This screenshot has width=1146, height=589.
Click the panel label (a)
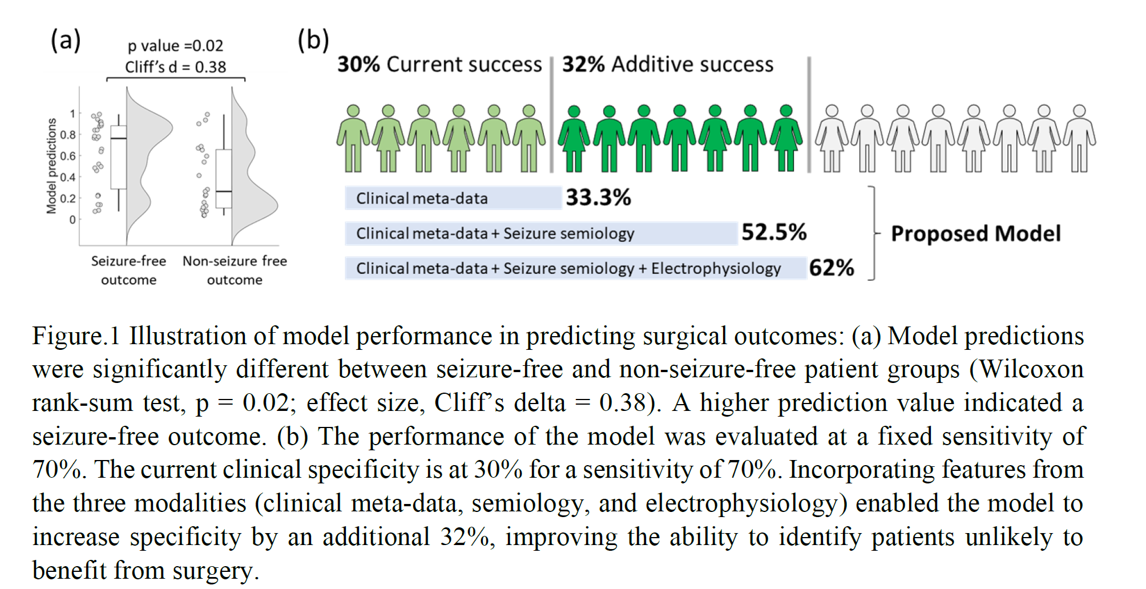tap(66, 41)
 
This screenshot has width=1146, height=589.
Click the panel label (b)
tap(313, 41)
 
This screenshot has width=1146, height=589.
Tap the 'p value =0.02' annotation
tap(175, 46)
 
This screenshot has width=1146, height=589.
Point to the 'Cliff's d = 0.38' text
tap(175, 67)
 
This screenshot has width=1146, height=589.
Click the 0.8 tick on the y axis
tap(67, 135)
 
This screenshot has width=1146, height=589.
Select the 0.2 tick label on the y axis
tap(67, 199)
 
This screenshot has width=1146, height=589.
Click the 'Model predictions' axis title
tap(52, 166)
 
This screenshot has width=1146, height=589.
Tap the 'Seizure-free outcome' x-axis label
tap(129, 271)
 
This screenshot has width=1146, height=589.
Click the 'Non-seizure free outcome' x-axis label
tap(235, 271)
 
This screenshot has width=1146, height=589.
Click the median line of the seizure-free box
tap(119, 138)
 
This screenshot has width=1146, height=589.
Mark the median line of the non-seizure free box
tap(224, 191)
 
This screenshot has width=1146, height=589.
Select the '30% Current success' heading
tap(439, 64)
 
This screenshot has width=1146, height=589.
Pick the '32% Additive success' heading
tap(668, 64)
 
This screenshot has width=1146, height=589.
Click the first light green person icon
tap(353, 139)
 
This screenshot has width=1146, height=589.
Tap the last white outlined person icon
tap(1079, 139)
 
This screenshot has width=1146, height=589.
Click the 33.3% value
tap(598, 198)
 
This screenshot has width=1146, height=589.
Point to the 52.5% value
tap(774, 233)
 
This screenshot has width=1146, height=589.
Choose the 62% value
tap(832, 268)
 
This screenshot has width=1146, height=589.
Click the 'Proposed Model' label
tap(976, 233)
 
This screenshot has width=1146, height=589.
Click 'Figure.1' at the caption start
tap(75, 336)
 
